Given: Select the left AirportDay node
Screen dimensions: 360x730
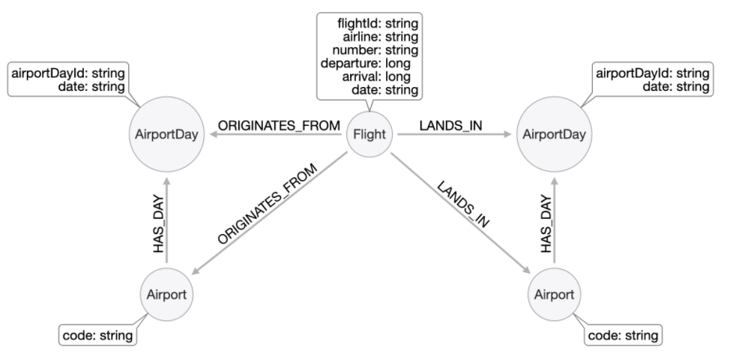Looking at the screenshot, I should [167, 135].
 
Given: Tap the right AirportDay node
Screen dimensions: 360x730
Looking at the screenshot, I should [555, 135].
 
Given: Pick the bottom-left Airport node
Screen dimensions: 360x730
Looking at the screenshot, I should [166, 293].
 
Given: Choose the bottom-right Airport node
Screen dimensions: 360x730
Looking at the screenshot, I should [555, 293].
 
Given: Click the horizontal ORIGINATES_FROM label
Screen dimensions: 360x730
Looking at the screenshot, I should [279, 125].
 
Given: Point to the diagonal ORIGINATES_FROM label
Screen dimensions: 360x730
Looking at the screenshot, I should [268, 204].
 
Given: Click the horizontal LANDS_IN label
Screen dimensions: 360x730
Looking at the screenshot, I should [450, 125].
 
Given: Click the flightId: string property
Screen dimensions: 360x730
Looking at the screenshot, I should [377, 22].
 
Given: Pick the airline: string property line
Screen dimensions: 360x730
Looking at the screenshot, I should [381, 36].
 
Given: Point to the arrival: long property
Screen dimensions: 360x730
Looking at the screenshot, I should [381, 76].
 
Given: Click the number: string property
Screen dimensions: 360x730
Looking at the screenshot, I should [379, 49].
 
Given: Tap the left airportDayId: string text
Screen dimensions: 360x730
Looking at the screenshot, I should [66, 73].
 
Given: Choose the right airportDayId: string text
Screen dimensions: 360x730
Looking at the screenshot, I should [652, 73].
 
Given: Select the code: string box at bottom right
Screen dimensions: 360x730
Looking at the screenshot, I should [624, 334].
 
